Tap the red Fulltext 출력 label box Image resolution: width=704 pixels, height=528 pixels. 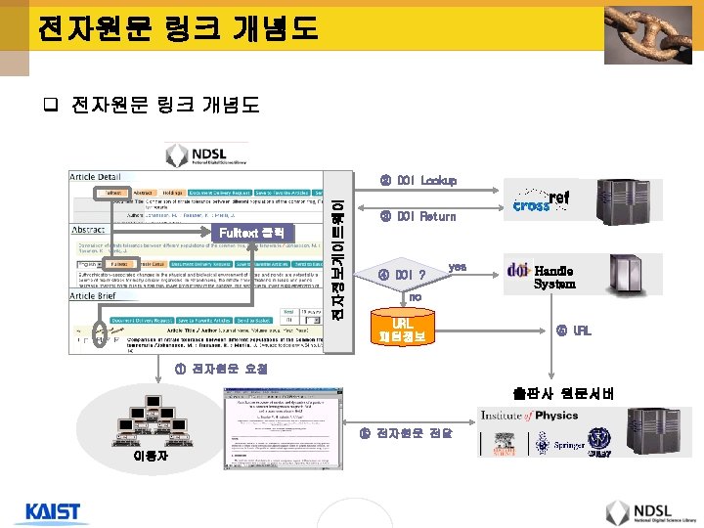click(251, 232)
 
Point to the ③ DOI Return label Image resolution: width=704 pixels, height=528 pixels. click(418, 216)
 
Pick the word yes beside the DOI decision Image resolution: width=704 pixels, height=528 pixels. click(457, 266)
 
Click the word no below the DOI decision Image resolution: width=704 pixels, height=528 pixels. click(415, 296)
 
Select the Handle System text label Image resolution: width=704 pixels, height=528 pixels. click(554, 277)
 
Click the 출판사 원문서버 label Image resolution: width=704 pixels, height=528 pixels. click(550, 394)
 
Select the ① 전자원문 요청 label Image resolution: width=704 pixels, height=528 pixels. click(215, 369)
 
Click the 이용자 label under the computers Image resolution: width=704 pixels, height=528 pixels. click(150, 456)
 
